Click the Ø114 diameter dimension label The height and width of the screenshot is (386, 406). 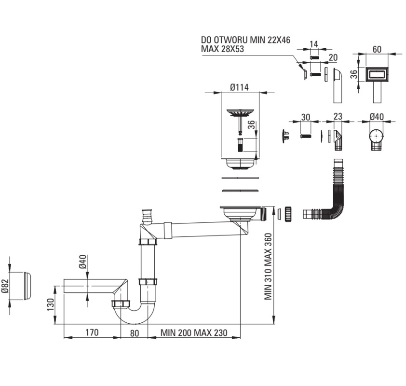click(x=239, y=87)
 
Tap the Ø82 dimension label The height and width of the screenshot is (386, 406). click(x=5, y=286)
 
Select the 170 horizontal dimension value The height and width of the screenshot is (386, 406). click(x=92, y=332)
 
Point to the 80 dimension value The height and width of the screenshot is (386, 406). click(x=135, y=333)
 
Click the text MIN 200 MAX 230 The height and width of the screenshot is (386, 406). click(x=194, y=332)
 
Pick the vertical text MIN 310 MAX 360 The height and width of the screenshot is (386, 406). click(x=268, y=266)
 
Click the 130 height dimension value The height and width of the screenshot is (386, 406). click(x=51, y=304)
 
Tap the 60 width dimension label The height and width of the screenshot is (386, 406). click(x=377, y=49)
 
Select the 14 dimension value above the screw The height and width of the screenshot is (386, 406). click(x=314, y=44)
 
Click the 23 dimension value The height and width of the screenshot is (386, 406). click(x=338, y=116)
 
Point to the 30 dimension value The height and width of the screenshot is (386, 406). click(x=306, y=117)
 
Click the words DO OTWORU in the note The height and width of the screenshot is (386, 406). click(x=225, y=40)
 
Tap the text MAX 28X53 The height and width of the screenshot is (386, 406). click(x=222, y=49)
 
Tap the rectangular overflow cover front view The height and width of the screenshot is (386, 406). click(x=377, y=75)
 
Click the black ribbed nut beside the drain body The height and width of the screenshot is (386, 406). click(x=288, y=213)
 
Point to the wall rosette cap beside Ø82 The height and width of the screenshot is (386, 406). click(x=27, y=286)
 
